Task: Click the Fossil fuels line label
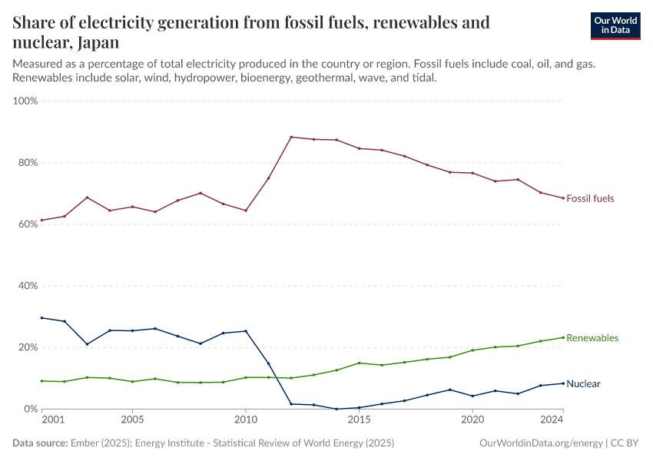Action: [x=590, y=199]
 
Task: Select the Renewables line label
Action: [x=592, y=338]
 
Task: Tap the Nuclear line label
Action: [x=583, y=384]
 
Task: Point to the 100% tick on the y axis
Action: [x=26, y=101]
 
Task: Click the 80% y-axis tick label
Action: [x=28, y=163]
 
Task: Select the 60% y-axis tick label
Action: [x=28, y=224]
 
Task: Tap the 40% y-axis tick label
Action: [x=28, y=286]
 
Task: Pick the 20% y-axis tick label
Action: [x=28, y=347]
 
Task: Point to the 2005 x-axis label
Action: [x=132, y=421]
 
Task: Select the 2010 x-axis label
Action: [x=246, y=421]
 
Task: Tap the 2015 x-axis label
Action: [x=359, y=421]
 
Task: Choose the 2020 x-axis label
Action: [x=472, y=421]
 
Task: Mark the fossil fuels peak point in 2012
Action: [x=291, y=137]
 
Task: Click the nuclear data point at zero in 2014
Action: [x=336, y=409]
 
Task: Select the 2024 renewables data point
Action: [x=563, y=337]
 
